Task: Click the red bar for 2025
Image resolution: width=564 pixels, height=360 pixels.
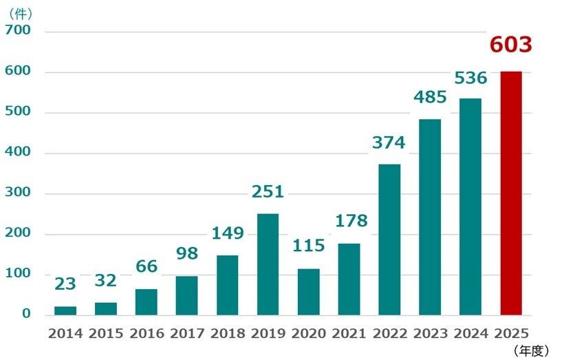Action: tap(511, 193)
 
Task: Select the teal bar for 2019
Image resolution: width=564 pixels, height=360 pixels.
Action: tap(268, 264)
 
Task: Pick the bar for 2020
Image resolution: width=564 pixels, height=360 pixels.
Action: tap(308, 292)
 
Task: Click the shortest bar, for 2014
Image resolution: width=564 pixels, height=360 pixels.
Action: tap(65, 310)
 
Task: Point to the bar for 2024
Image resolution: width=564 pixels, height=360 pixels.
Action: tap(470, 207)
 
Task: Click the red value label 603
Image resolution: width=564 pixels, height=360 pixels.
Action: tap(511, 45)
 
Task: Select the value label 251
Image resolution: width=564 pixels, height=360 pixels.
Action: tap(268, 192)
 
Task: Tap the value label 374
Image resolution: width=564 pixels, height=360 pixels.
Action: tap(389, 143)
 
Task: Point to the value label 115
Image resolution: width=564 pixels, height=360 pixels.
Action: tap(308, 246)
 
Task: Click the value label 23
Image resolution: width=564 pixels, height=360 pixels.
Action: tap(65, 284)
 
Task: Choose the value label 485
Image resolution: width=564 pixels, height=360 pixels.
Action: tap(430, 98)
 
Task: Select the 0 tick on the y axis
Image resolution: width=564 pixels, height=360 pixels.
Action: tap(26, 314)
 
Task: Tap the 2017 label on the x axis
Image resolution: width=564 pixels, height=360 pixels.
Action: tap(186, 334)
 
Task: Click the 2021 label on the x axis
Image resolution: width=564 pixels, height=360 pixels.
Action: tap(349, 334)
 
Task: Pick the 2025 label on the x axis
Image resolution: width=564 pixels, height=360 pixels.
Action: tap(511, 334)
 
